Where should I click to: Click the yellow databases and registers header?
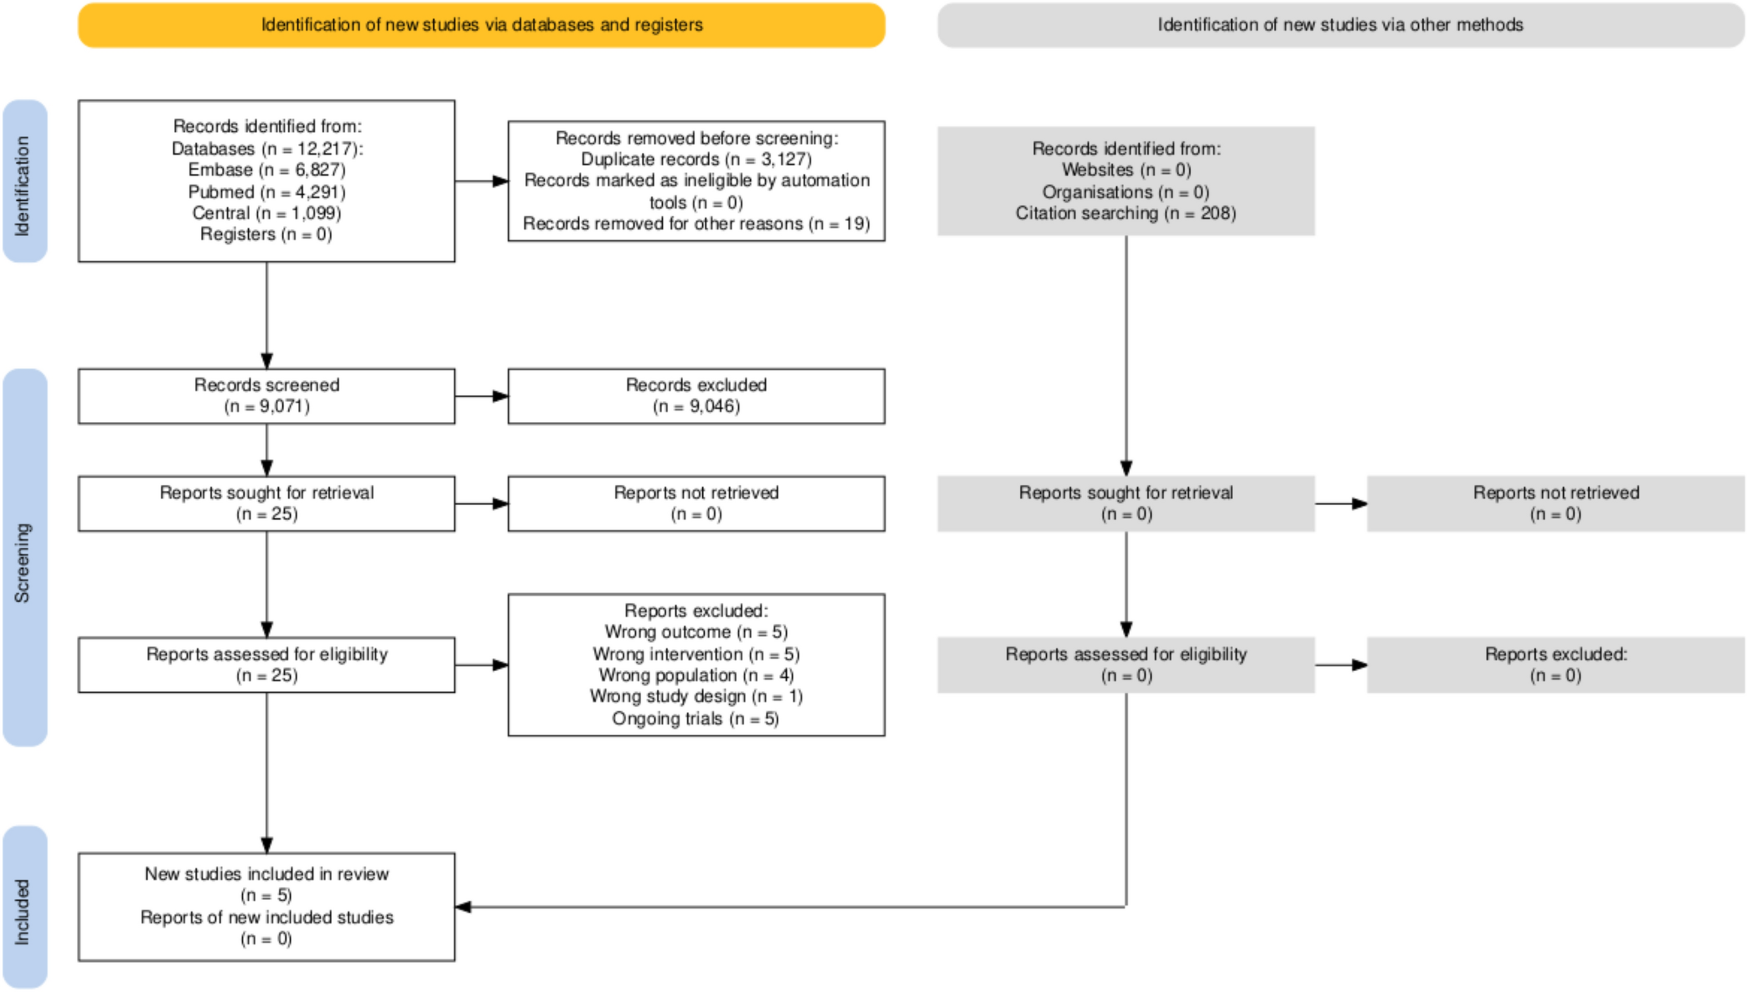pos(481,25)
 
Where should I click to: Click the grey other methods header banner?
pos(1339,25)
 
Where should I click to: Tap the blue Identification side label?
pos(24,181)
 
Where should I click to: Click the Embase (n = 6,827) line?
pos(266,170)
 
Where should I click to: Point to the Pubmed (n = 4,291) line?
pos(266,192)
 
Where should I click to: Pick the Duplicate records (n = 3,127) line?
pos(696,159)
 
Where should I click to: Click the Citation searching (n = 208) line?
pos(1125,213)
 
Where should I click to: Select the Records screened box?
pos(266,396)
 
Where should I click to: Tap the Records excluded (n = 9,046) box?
pos(696,396)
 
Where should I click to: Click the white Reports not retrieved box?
pos(696,503)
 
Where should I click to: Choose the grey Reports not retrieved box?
pos(1555,503)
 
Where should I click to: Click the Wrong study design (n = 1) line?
pos(696,696)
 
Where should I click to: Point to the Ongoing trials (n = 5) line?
pos(696,719)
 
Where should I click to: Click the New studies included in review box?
pos(266,906)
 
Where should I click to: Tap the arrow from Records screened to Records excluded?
pos(482,396)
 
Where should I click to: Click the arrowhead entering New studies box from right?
pos(463,907)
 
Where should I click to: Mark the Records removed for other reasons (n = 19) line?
pos(696,224)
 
